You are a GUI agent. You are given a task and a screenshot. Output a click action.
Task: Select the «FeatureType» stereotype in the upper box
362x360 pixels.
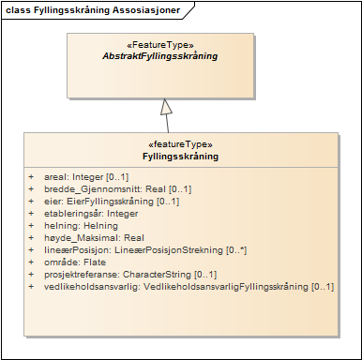[x=159, y=45]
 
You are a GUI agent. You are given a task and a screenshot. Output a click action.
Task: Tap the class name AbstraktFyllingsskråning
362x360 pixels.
[x=159, y=56]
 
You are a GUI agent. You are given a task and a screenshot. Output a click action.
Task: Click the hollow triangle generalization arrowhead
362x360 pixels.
[x=167, y=106]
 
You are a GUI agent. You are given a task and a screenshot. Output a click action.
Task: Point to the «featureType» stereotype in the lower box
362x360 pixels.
[x=180, y=145]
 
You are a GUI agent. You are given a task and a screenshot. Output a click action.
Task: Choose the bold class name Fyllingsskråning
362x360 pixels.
[x=180, y=157]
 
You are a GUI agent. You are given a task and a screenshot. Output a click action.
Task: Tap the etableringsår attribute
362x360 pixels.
[x=90, y=214]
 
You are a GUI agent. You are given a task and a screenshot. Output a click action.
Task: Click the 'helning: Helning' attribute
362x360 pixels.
[x=81, y=226]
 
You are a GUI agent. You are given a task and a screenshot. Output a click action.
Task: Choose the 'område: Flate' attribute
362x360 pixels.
[x=76, y=262]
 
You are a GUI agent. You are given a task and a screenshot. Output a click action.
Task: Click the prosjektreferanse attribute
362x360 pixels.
[x=117, y=275]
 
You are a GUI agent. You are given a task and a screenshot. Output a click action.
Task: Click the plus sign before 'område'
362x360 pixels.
[x=31, y=262]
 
